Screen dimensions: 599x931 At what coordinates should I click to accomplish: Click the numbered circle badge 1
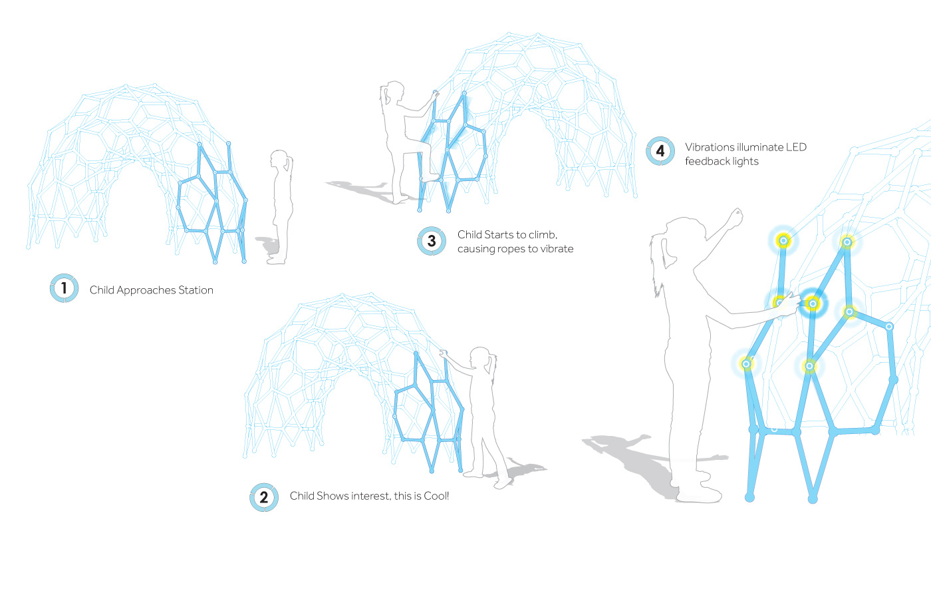[x=64, y=288]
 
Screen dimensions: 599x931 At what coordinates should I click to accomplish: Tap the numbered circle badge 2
[x=264, y=497]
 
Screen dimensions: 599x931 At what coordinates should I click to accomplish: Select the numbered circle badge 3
[x=432, y=241]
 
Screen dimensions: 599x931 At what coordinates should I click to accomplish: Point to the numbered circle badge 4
[x=660, y=151]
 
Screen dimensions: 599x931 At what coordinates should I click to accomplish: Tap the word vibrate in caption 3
[x=557, y=249]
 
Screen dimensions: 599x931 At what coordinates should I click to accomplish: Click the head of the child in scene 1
[x=280, y=160]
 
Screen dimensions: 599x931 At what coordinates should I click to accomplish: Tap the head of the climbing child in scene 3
[x=394, y=92]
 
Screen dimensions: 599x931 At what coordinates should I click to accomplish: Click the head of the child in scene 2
[x=481, y=357]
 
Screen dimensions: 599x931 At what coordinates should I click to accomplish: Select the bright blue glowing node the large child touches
[x=812, y=303]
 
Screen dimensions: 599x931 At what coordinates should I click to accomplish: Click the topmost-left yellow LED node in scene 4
[x=783, y=240]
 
